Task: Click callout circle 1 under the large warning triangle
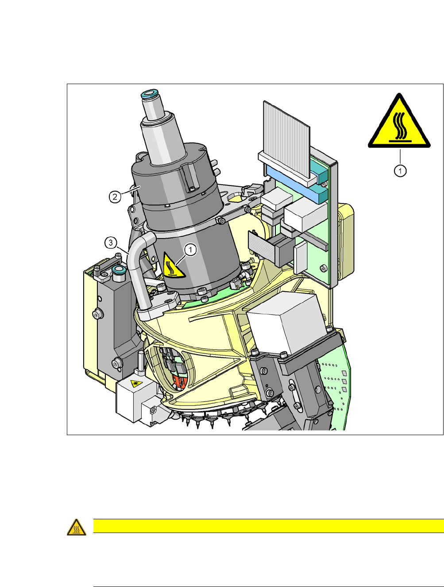point(400,170)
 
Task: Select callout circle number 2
point(115,197)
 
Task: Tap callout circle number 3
point(111,243)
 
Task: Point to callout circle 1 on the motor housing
point(191,250)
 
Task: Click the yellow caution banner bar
point(268,526)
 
